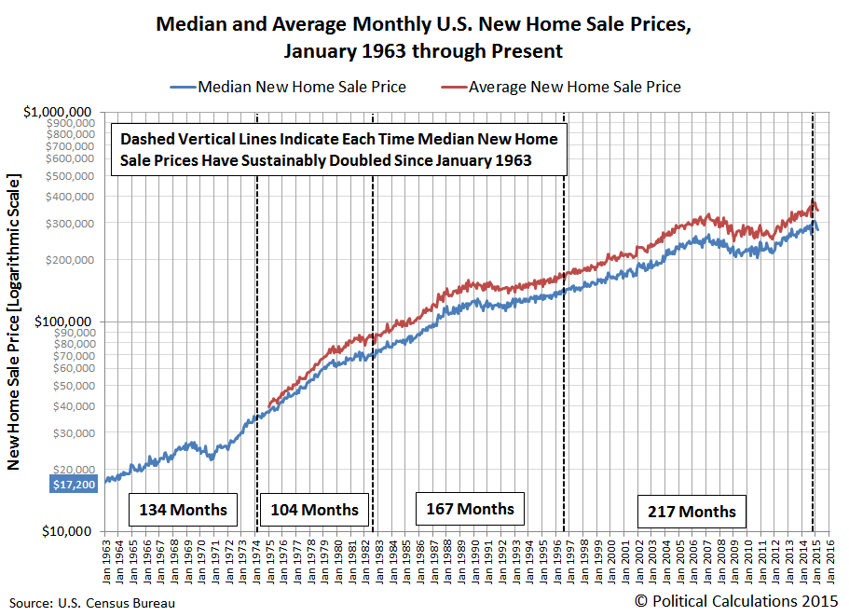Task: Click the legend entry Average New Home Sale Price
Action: click(x=574, y=88)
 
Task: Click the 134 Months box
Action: click(x=183, y=511)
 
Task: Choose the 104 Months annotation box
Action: click(x=314, y=511)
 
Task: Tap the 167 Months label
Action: click(x=470, y=509)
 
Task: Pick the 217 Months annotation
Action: click(x=692, y=512)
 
